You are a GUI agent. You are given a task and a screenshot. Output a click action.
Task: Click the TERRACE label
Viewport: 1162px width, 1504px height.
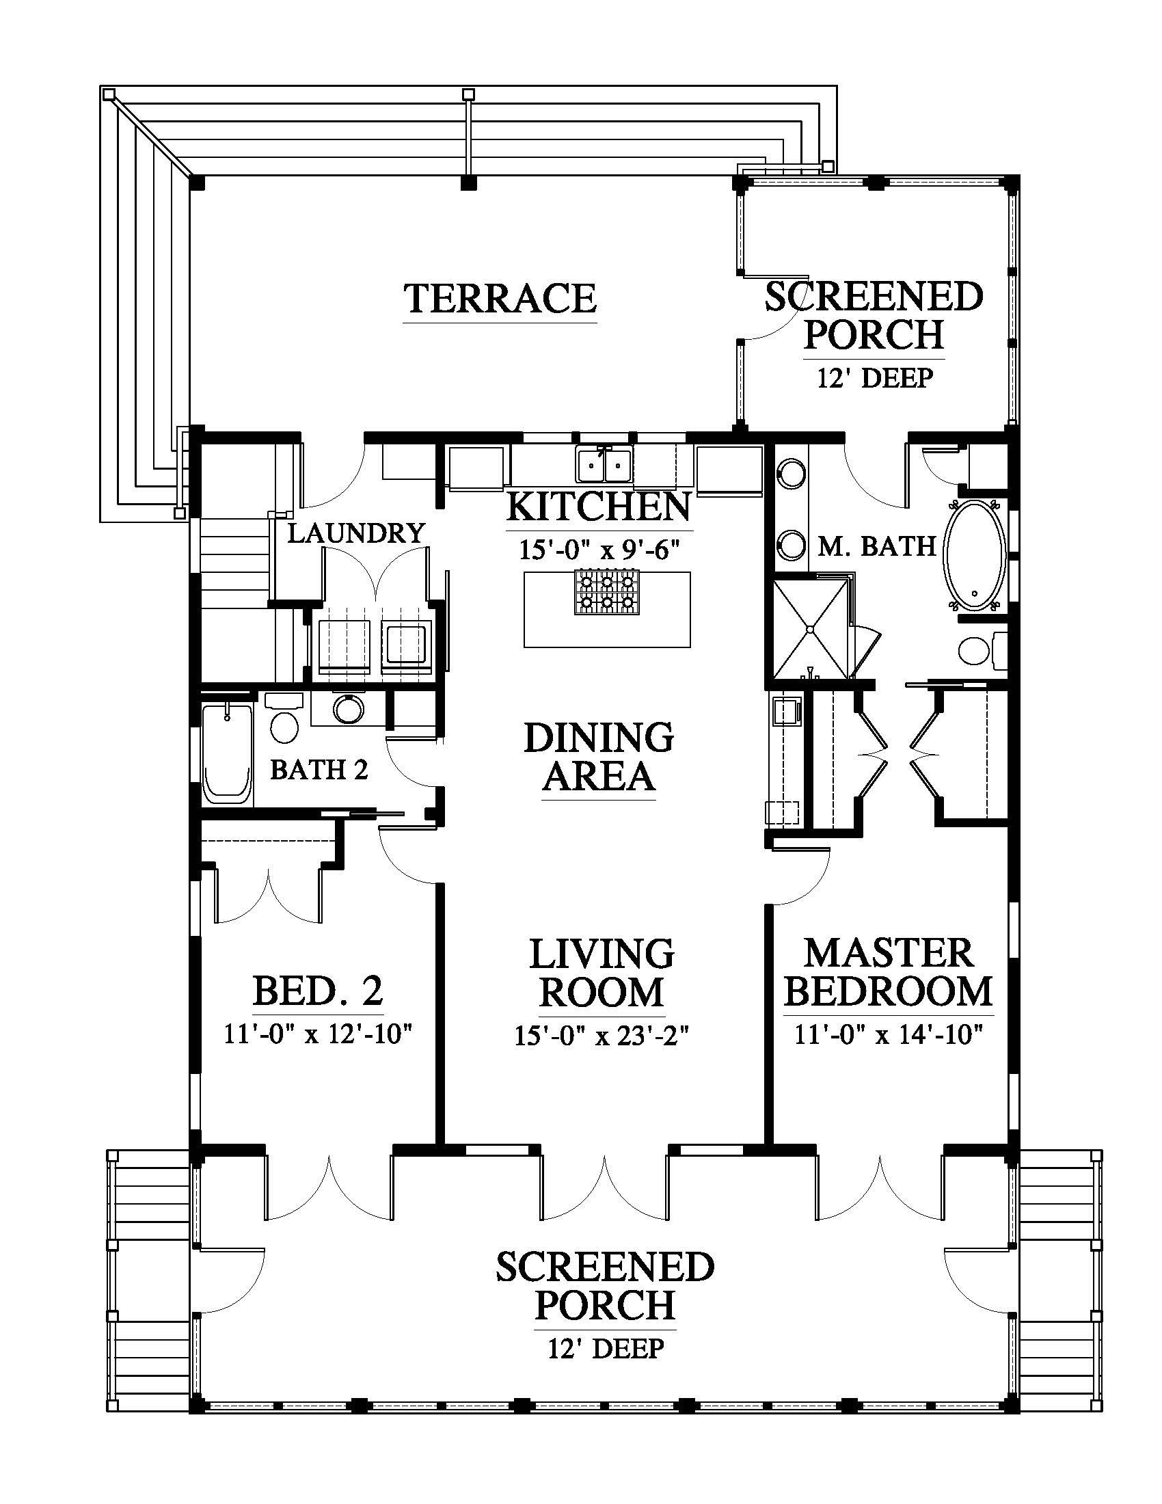[500, 298]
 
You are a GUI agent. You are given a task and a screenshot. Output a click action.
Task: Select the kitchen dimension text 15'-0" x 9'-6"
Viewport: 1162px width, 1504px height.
[599, 550]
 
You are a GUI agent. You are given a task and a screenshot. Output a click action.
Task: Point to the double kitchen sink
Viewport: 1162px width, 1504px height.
[604, 464]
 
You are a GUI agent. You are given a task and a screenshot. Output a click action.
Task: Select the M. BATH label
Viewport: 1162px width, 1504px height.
[876, 546]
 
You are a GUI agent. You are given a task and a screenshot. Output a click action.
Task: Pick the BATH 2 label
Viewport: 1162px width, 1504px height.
[319, 769]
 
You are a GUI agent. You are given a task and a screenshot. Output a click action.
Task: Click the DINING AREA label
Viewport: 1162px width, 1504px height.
[599, 756]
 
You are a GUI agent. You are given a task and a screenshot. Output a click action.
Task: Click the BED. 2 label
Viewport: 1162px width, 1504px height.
[318, 992]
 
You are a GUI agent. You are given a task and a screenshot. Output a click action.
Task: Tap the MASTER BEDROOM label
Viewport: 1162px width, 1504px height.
[888, 973]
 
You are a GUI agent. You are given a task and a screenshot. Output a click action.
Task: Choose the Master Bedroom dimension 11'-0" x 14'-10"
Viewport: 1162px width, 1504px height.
[888, 1034]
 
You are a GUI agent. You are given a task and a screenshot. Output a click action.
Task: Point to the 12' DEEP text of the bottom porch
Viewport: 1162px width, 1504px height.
[606, 1348]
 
